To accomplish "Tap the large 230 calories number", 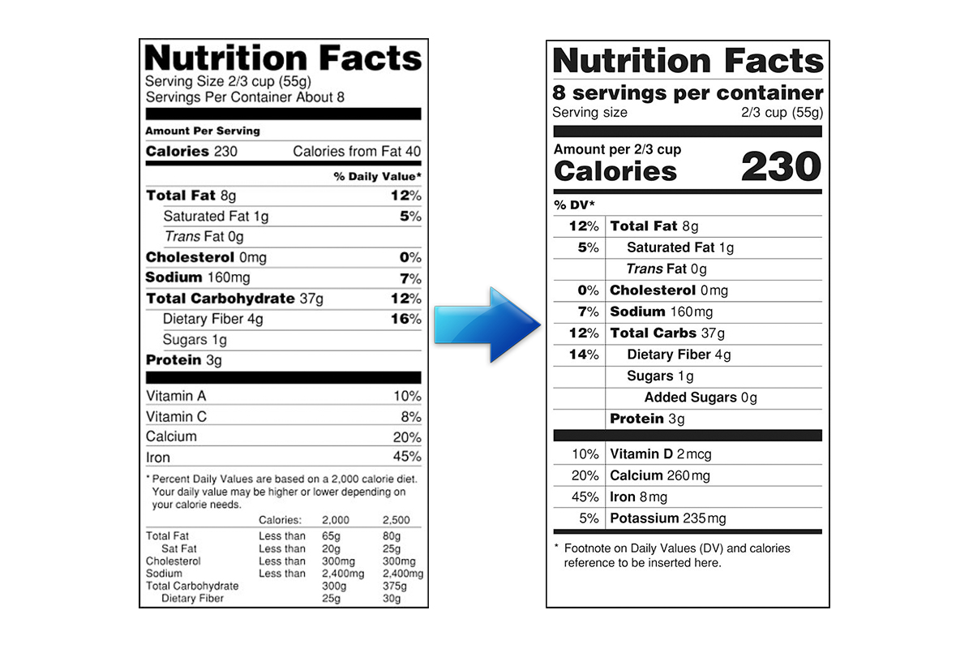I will (781, 167).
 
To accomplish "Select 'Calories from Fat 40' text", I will (357, 152).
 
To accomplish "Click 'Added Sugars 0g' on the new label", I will (700, 398).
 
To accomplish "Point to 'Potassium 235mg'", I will (668, 518).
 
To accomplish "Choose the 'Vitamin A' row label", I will (176, 396).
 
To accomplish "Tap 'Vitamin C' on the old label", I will (177, 416).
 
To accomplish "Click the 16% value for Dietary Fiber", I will (405, 319).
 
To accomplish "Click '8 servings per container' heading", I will (688, 92).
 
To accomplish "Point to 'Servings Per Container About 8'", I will (245, 97).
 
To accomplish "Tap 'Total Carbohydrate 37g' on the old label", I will (234, 299).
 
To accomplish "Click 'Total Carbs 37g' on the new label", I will (667, 333).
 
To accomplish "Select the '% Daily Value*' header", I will (377, 176).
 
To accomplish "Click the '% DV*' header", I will (574, 204).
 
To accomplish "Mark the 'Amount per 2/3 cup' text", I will (617, 149).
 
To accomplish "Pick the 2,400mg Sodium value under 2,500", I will (402, 574).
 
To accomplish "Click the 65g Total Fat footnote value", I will (331, 536).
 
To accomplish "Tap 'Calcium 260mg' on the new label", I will (660, 475).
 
